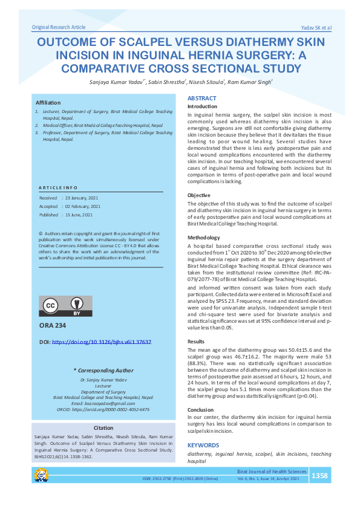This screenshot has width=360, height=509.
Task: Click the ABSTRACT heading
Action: [201, 98]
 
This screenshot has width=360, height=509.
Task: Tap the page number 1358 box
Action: [319, 476]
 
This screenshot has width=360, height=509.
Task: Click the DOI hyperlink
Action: [102, 342]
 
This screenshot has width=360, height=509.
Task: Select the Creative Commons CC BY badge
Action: [66, 306]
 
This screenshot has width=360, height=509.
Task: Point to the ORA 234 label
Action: [53, 325]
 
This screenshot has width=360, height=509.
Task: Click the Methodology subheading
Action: [204, 238]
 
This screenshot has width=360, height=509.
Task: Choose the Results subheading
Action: [196, 342]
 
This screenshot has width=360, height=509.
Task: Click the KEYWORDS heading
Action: [203, 445]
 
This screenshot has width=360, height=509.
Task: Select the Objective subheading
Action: [199, 195]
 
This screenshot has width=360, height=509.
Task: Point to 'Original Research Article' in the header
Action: [59, 28]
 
